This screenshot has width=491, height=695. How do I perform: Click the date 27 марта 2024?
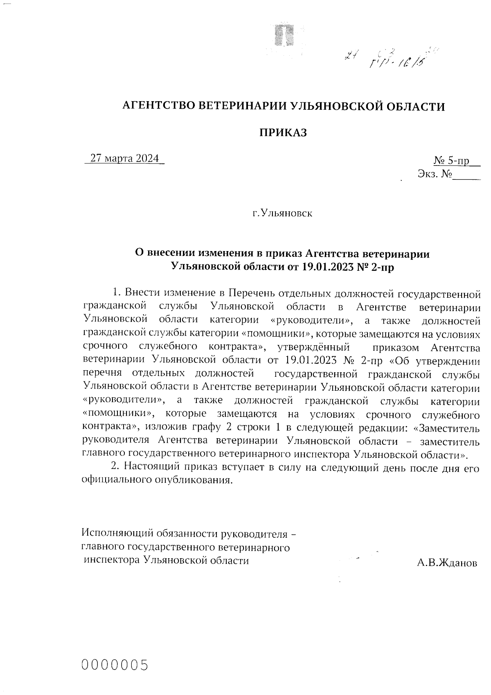(x=124, y=158)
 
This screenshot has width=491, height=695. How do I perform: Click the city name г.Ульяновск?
(x=282, y=213)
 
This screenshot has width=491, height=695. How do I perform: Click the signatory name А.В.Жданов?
(x=447, y=563)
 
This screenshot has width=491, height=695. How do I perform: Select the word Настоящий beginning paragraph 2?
(x=152, y=467)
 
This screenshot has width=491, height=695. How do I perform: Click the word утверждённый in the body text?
(x=313, y=347)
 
